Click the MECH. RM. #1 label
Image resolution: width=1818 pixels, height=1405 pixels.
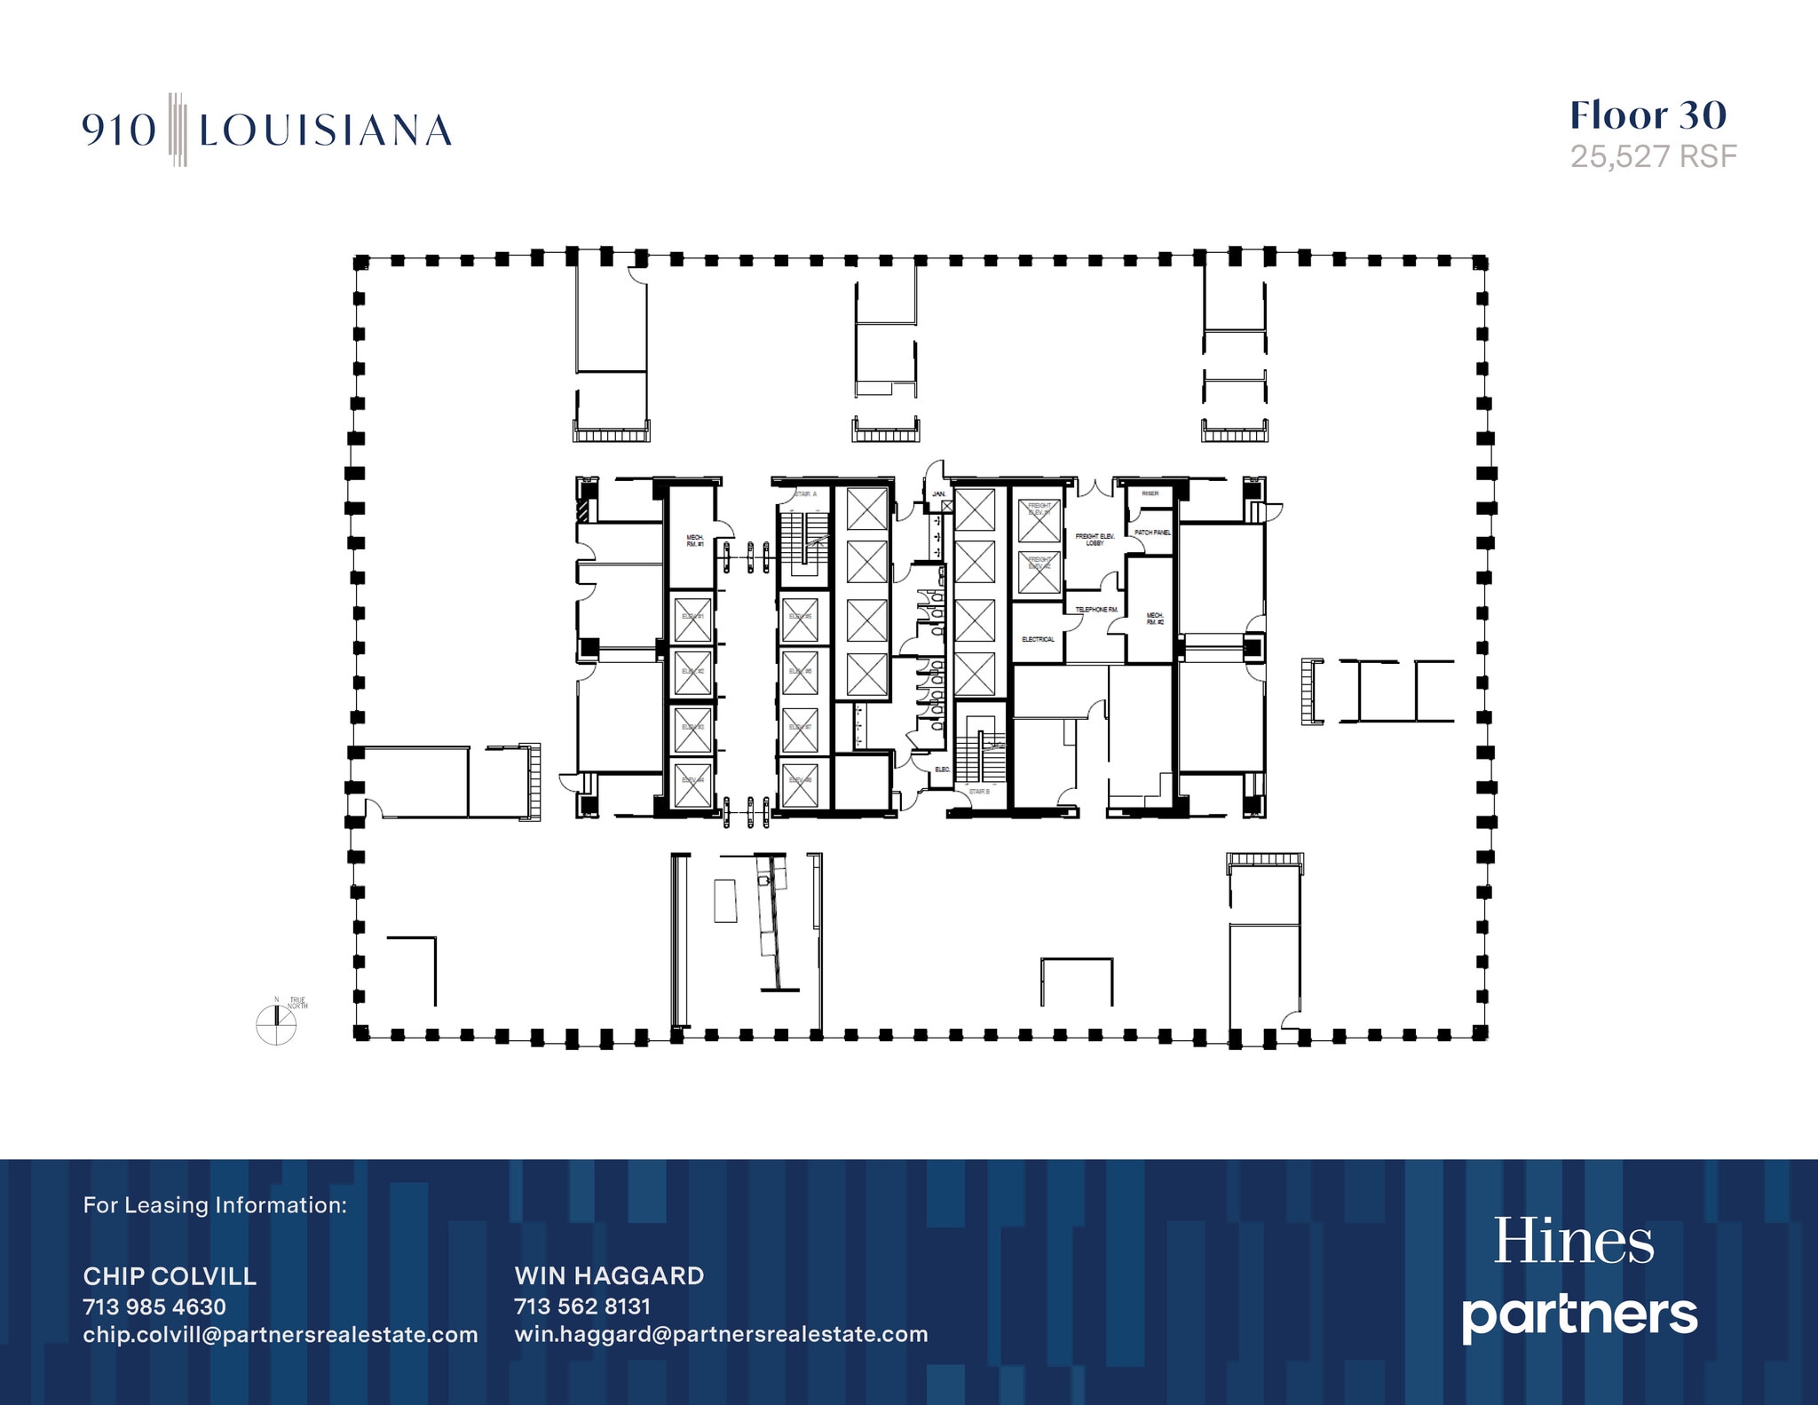pos(694,540)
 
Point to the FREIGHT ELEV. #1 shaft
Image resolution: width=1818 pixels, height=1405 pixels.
pos(1039,516)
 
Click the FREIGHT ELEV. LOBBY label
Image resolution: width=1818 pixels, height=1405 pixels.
pos(1094,540)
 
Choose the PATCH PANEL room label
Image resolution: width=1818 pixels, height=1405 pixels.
pos(1151,533)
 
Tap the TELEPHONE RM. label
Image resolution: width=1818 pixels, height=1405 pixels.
pos(1096,610)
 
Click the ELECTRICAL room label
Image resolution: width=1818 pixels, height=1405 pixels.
pos(1038,639)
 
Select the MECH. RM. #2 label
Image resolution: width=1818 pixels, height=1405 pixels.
pos(1154,619)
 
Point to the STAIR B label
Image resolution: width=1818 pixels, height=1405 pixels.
pos(979,790)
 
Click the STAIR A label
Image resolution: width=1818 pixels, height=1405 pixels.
pos(805,493)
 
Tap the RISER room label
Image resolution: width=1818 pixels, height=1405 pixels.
pos(1150,493)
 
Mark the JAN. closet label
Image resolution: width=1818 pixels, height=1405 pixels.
pos(938,493)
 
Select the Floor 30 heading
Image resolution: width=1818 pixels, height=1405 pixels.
pos(1648,116)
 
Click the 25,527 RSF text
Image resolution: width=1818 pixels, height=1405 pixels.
pos(1653,157)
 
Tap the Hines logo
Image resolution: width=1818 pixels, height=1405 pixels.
pos(1574,1242)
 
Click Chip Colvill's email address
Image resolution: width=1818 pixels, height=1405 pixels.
pos(281,1335)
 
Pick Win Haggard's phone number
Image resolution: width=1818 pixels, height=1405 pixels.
pos(582,1306)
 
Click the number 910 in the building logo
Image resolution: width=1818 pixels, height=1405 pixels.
pos(119,131)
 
